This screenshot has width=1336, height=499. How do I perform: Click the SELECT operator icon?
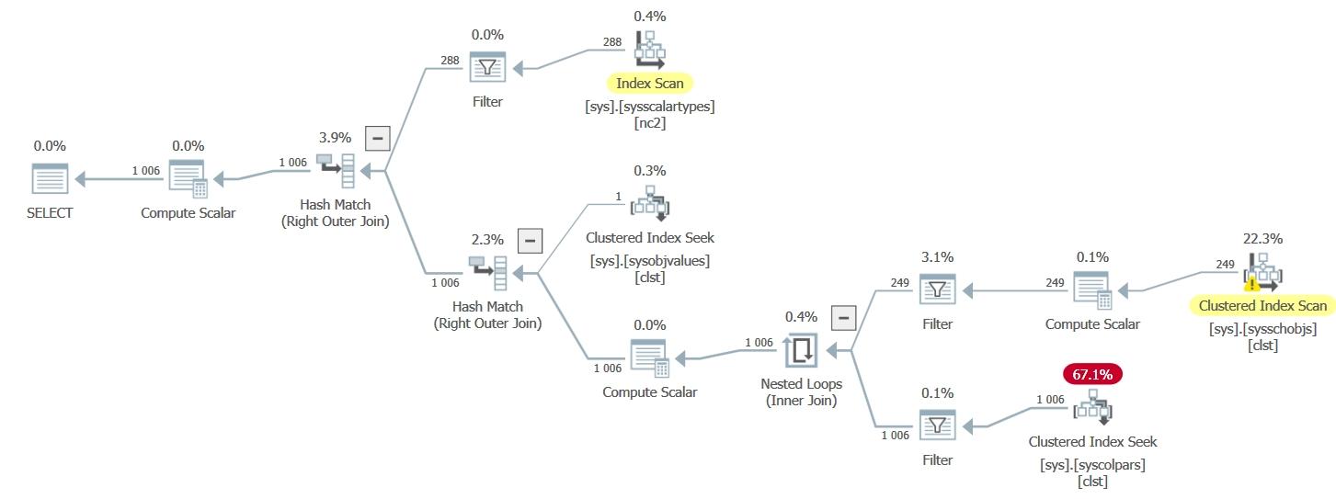coord(51,179)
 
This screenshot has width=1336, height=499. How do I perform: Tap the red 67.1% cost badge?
coord(1092,374)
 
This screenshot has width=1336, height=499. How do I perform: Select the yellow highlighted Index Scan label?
coord(649,84)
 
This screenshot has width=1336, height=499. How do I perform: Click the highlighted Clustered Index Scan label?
coord(1262,306)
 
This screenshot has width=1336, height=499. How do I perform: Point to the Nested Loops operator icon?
coord(801,350)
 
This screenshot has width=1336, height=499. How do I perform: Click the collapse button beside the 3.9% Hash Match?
coord(377,138)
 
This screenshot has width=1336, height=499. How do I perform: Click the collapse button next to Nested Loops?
coord(843,318)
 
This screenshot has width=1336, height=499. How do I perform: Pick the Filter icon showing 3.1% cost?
coord(937,289)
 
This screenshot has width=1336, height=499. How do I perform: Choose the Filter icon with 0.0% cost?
coord(487,67)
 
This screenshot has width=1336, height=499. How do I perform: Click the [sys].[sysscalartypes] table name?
coord(649,106)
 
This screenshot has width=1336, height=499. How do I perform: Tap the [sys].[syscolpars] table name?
coord(1092,464)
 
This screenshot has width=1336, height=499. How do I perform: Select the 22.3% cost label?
coord(1262,238)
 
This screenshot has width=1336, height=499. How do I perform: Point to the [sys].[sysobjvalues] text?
coord(649,260)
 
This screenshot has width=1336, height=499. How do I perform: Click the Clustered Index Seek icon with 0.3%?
coord(649,203)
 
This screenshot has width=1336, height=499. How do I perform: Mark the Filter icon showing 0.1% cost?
coord(937,425)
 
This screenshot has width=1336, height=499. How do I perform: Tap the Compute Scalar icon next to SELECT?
coord(188,179)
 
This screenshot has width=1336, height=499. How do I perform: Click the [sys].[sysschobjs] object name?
coord(1262,328)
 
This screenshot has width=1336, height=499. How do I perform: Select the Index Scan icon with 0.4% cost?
coord(649,50)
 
